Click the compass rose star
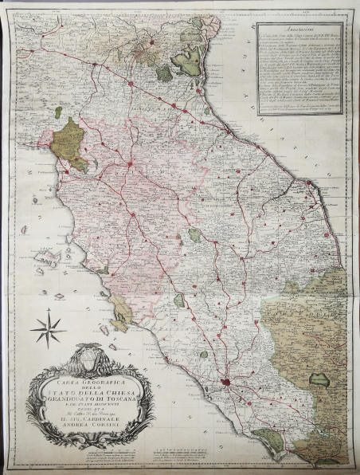point(46,328)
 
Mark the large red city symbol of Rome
point(228,386)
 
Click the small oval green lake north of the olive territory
point(57,112)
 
